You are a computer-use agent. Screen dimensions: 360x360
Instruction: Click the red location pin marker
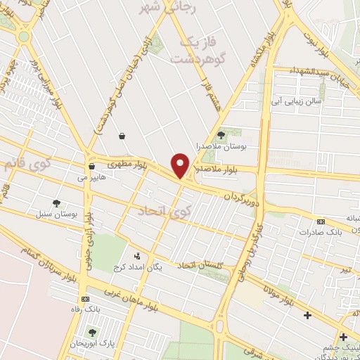pos(180,165)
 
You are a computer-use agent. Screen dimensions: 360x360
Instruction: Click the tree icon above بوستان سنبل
pos(56,202)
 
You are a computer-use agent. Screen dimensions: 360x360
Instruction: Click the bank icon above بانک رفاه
pos(85,299)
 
